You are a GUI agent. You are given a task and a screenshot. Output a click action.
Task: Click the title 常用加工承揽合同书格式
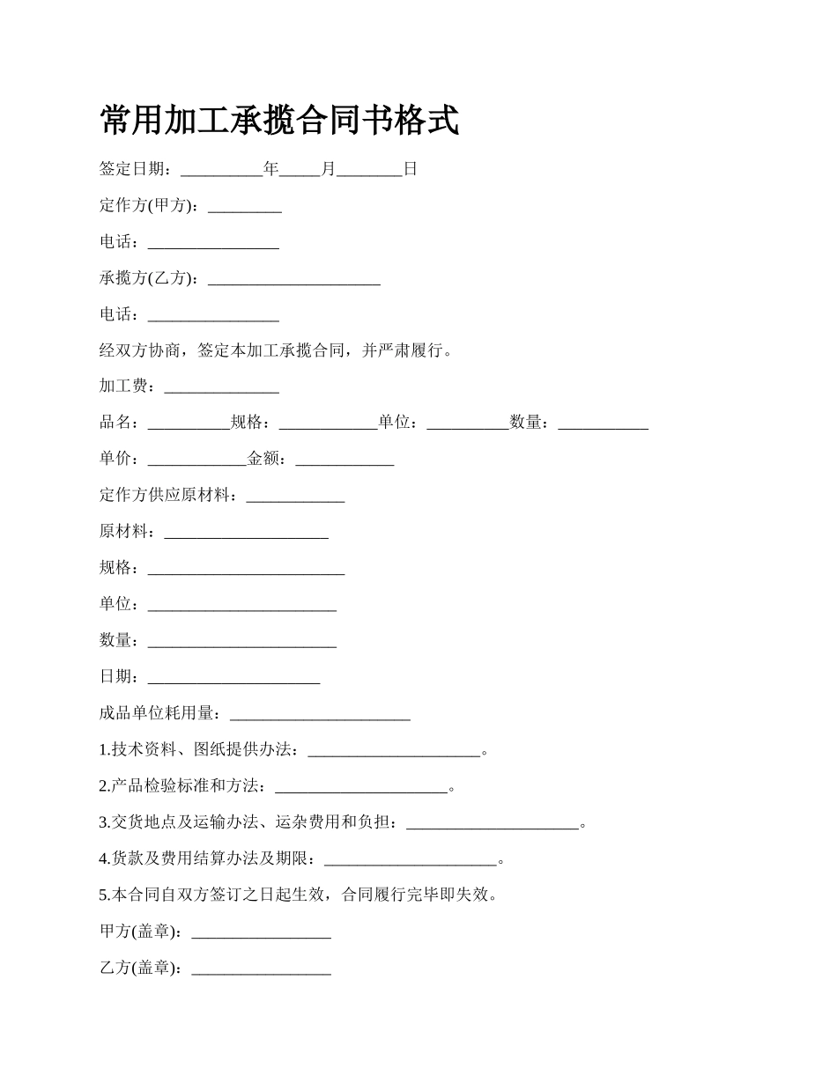(x=279, y=121)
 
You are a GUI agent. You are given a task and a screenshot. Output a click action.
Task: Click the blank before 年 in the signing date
(x=221, y=170)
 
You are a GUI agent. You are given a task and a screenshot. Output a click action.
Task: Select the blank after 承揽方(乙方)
(x=293, y=279)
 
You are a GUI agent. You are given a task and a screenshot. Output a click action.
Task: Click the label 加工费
(x=127, y=387)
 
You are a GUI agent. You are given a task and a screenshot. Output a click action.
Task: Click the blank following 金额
(x=344, y=460)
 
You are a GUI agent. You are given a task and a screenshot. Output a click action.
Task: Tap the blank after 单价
(x=196, y=460)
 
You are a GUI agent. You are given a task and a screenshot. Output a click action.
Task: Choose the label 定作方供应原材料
(x=167, y=496)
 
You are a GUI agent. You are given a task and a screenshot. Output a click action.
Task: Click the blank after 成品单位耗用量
(x=320, y=713)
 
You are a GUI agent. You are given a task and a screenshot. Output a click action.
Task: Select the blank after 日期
(x=233, y=677)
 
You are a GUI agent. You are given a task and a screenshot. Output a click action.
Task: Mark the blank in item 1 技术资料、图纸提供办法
(x=394, y=750)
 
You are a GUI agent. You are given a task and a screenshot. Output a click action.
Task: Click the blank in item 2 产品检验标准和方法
(x=361, y=786)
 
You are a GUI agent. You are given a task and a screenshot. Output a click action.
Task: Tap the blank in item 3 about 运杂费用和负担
(x=493, y=823)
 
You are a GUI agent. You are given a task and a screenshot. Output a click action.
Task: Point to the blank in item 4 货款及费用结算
(x=411, y=859)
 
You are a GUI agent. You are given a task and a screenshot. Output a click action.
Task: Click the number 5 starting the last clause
(x=104, y=895)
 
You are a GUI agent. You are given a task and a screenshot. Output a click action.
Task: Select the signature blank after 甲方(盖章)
(x=261, y=932)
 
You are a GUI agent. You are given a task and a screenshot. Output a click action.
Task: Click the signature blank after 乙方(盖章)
(x=261, y=969)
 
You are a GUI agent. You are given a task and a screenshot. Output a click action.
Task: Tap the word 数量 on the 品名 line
(x=525, y=423)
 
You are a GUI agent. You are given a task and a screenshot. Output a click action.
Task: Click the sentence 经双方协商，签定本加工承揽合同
(x=226, y=350)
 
